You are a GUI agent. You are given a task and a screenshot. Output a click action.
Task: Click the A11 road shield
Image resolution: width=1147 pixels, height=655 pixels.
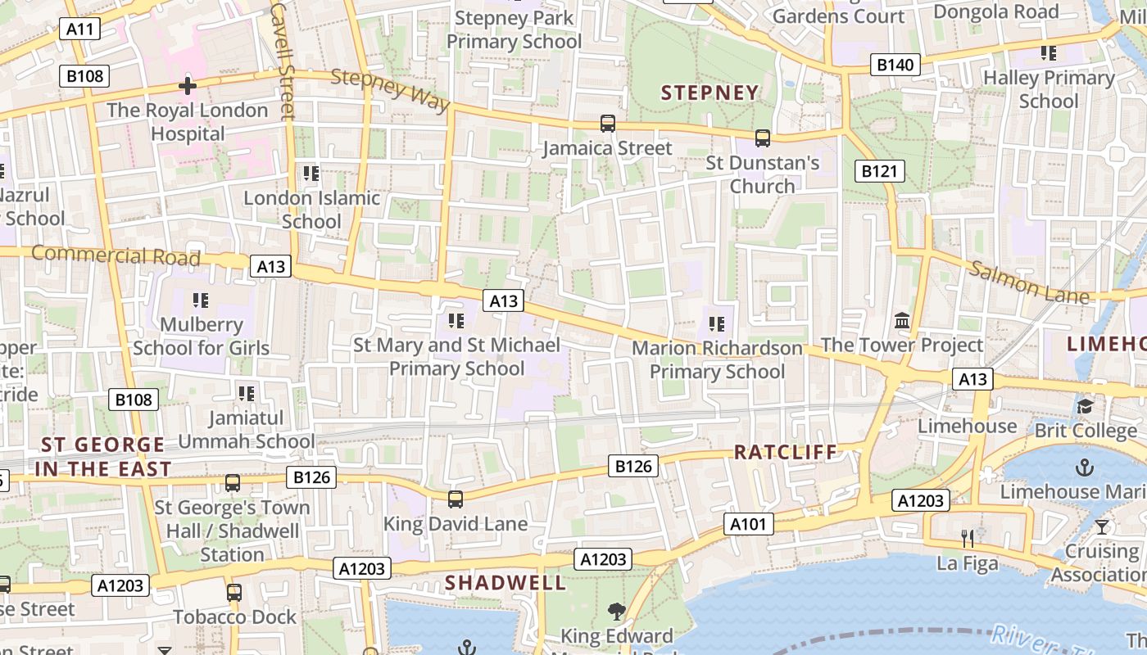pos(80,30)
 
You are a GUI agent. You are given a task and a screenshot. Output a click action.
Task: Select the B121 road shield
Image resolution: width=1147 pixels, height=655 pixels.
pos(881,171)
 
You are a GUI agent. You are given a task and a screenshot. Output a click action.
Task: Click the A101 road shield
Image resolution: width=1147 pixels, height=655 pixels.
pos(748,524)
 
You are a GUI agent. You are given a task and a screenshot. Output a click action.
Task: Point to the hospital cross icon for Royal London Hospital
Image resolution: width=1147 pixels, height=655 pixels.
pos(188,86)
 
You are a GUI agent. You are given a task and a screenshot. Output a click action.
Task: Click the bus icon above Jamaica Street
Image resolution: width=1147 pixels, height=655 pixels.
pos(607,124)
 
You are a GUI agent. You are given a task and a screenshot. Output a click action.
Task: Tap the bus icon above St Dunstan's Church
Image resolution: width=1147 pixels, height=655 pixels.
pos(763,138)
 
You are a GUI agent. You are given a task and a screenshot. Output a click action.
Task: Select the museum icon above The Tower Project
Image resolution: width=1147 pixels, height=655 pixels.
pos(902,321)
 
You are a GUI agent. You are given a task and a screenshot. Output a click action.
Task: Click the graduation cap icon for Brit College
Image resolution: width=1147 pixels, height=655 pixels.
pos(1085,406)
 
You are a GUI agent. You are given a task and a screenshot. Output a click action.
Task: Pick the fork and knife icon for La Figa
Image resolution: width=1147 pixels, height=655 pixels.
pos(968,539)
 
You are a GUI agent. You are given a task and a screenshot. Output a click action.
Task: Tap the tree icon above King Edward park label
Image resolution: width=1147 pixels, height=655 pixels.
pos(616,611)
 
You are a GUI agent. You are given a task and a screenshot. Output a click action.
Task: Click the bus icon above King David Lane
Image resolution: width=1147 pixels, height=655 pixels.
pos(456,499)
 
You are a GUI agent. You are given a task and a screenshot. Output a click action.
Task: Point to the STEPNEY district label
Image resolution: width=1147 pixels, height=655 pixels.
pos(710,93)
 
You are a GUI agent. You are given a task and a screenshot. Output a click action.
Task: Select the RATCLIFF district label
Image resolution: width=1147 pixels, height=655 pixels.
pos(786,452)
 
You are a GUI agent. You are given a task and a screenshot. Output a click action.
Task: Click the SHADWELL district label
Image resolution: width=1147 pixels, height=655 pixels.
pos(505,583)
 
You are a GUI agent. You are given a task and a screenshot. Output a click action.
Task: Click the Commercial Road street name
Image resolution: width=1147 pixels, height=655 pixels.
pos(116,255)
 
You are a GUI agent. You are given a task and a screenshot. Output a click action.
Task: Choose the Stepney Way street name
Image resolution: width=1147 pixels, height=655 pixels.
pos(391,89)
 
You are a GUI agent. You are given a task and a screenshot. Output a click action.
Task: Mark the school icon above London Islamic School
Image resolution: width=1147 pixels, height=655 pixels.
pos(311,174)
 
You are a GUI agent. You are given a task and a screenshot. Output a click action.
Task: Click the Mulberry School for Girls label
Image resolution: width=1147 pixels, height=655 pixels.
pos(202,337)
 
